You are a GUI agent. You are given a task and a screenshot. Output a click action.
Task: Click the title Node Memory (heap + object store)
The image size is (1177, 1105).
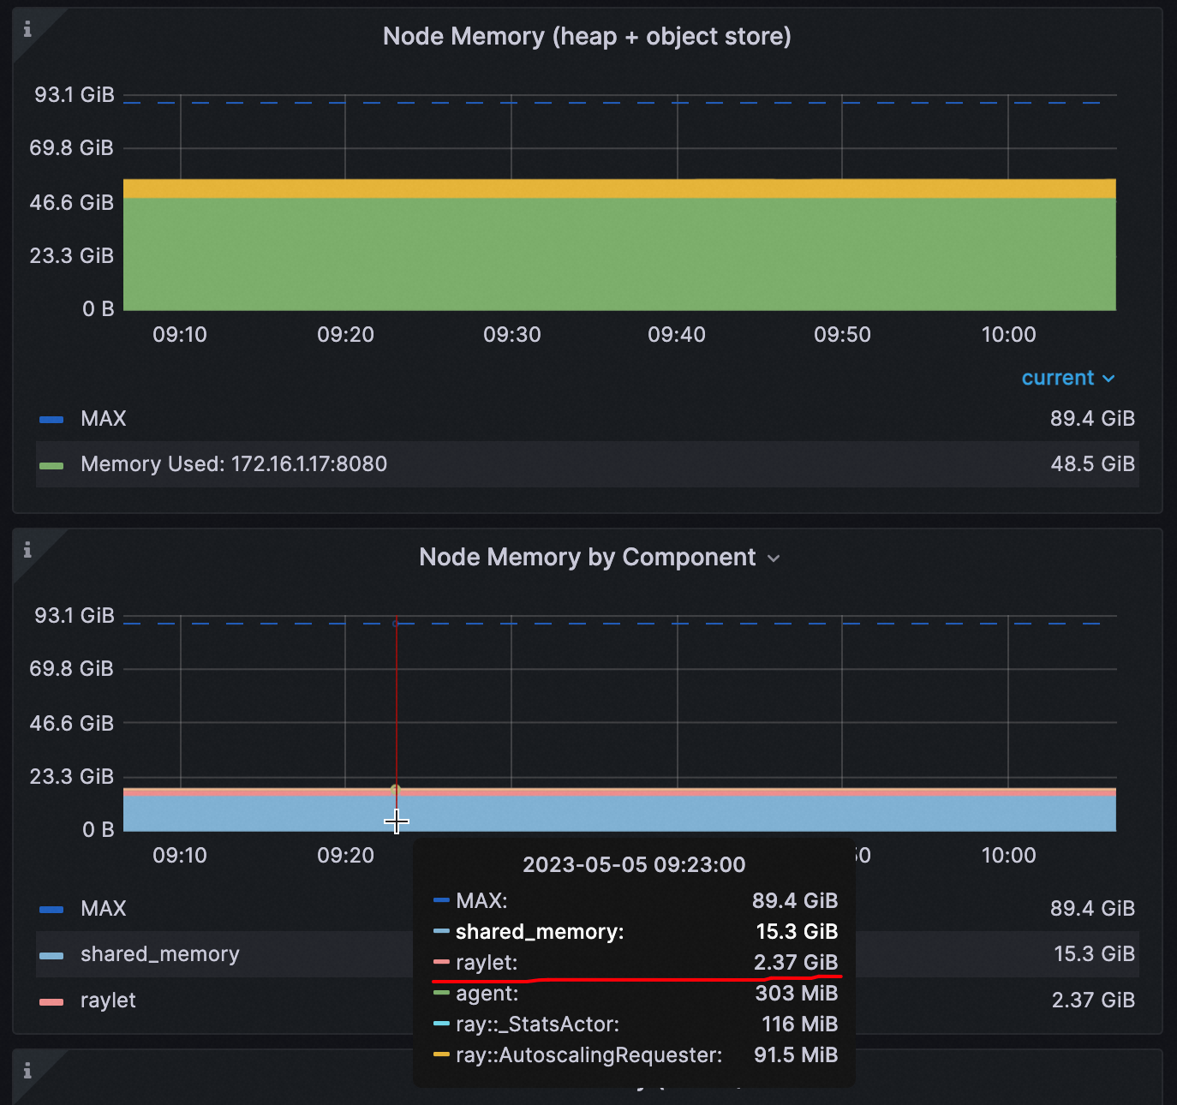point(587,37)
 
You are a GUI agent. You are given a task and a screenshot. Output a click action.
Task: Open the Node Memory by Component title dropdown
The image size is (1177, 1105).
point(774,558)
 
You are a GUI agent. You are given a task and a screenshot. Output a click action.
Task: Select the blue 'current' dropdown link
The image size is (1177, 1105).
point(1067,378)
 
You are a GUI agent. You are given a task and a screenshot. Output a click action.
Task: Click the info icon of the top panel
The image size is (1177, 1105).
point(27,30)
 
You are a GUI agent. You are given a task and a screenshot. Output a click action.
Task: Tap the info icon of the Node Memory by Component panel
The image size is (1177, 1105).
point(27,550)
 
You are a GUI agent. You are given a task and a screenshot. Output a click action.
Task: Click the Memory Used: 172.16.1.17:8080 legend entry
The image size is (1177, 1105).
point(233,464)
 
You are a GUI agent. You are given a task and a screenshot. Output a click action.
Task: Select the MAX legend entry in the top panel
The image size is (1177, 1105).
point(103,419)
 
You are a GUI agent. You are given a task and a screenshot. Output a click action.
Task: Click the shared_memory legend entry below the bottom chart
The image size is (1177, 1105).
point(159,954)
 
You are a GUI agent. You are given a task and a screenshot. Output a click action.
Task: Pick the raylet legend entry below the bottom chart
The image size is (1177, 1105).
point(108,1000)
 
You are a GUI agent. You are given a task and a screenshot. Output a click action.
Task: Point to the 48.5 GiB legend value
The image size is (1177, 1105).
point(1092,464)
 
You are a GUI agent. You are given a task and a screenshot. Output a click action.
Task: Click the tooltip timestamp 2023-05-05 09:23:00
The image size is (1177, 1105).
point(634,864)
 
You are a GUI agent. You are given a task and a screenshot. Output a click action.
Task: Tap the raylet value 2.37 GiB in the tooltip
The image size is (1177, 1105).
point(795,963)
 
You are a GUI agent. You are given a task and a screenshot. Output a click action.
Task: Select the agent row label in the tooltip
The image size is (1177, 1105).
point(487,994)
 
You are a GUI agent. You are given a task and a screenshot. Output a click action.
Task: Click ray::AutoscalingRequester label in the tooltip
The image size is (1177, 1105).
point(588,1055)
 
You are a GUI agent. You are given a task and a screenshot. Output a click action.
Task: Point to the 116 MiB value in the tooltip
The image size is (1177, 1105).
point(799,1024)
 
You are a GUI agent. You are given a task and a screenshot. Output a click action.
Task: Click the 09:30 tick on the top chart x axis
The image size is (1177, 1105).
point(511,335)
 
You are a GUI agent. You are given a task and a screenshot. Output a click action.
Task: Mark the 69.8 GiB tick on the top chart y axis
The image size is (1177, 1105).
point(72,148)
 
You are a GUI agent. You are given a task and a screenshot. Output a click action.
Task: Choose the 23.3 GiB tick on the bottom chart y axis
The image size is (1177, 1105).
point(72,777)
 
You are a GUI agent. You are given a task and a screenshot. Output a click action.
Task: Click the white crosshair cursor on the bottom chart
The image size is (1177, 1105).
point(396,821)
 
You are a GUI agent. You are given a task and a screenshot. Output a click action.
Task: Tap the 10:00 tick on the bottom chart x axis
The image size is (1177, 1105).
point(1008,856)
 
